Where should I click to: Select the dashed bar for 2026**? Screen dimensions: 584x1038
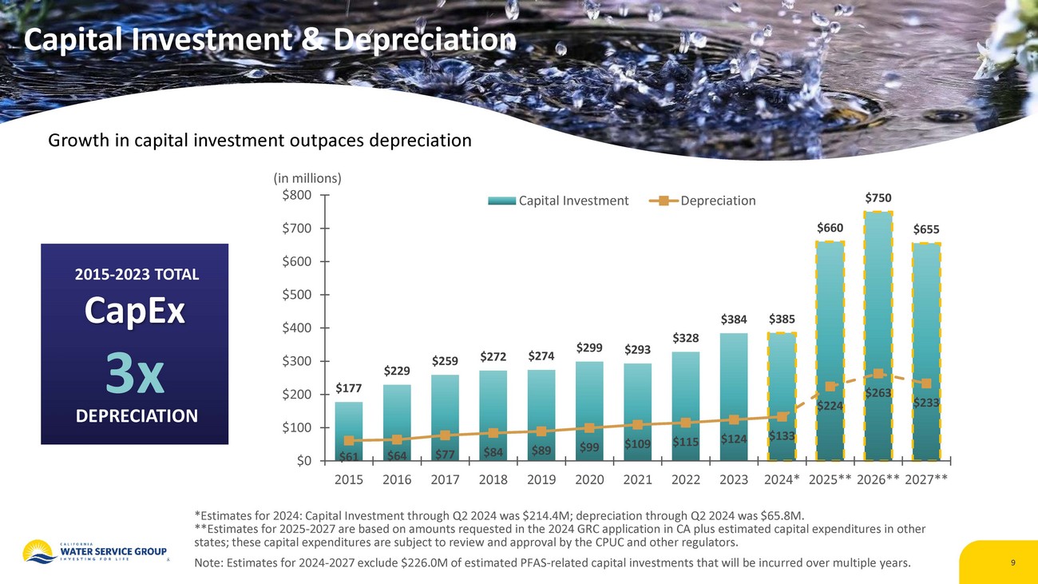878,336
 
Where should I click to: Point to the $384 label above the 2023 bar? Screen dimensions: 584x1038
733,320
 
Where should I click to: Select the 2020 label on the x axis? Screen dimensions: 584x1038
589,481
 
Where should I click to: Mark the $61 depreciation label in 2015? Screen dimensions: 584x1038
348,457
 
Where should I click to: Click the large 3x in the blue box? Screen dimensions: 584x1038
134,375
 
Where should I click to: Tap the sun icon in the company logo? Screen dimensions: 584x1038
37,550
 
